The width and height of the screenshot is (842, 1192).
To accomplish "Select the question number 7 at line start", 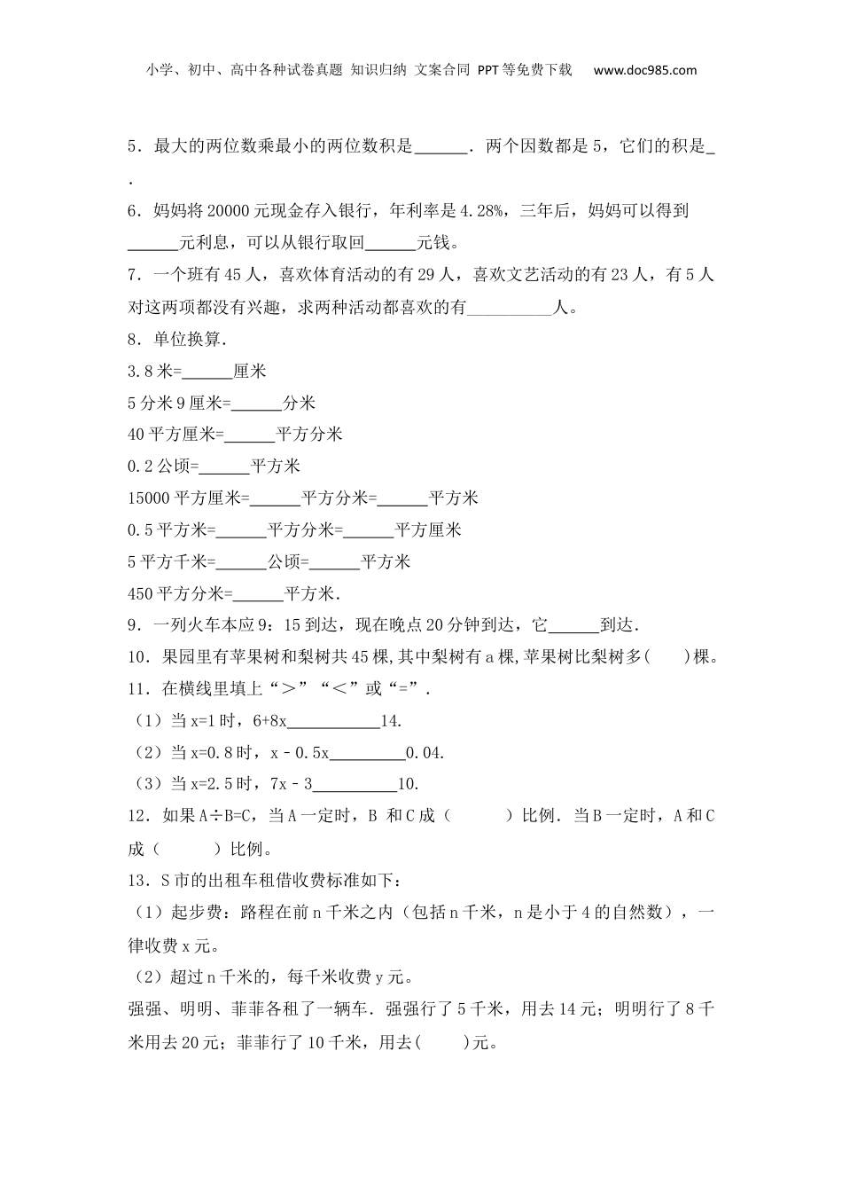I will tap(133, 275).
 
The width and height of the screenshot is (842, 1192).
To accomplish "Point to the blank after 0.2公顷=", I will tap(225, 467).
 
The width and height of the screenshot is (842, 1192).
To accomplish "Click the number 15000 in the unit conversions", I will tap(149, 498).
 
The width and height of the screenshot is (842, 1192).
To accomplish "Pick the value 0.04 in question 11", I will tap(424, 754).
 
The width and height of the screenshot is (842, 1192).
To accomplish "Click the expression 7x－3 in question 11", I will tap(292, 785).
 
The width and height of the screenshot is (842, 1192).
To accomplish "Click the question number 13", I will tap(136, 881).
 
